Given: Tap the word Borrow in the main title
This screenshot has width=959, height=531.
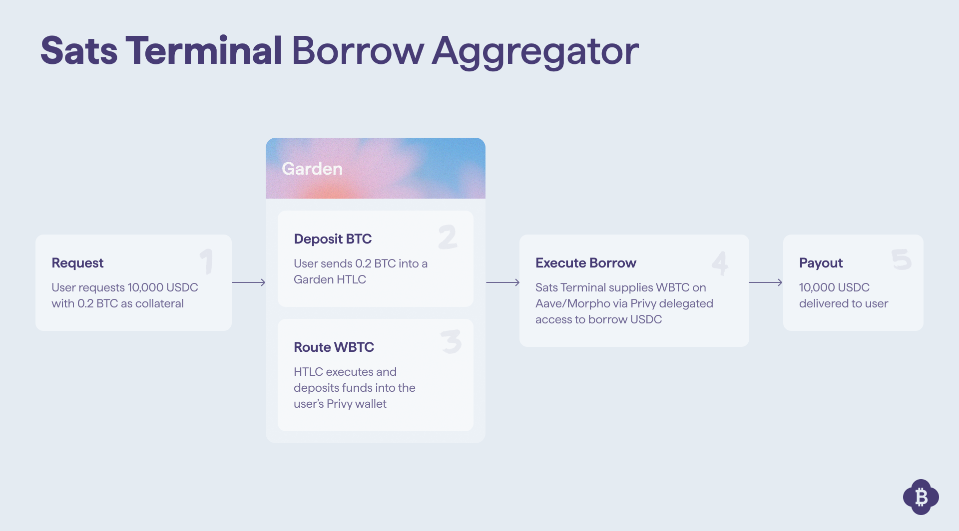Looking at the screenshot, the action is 358,50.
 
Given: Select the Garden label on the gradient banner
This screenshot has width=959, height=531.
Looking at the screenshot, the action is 312,169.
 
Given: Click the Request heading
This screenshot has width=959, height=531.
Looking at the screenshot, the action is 77,263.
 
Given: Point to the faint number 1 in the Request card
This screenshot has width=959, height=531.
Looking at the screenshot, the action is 207,262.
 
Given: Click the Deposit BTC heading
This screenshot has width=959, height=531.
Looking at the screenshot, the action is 333,239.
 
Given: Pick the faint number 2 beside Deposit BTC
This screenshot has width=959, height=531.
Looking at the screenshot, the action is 448,237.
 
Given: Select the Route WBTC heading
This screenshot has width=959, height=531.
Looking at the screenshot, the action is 334,347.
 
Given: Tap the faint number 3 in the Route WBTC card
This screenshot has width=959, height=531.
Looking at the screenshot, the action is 452,341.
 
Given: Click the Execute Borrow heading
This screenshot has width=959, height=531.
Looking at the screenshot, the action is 586,263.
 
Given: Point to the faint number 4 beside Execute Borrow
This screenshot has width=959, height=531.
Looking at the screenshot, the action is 720,263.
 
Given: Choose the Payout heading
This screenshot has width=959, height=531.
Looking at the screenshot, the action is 821,263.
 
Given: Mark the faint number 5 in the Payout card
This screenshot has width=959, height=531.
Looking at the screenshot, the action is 902,260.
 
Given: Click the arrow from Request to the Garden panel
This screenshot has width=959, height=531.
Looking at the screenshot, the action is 249,282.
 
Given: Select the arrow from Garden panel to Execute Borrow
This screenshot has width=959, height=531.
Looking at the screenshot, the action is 502,282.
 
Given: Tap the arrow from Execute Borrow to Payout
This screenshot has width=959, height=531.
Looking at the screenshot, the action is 766,282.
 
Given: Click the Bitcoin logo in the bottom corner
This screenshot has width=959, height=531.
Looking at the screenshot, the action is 921,497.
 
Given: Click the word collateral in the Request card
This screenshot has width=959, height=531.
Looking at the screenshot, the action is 159,303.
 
